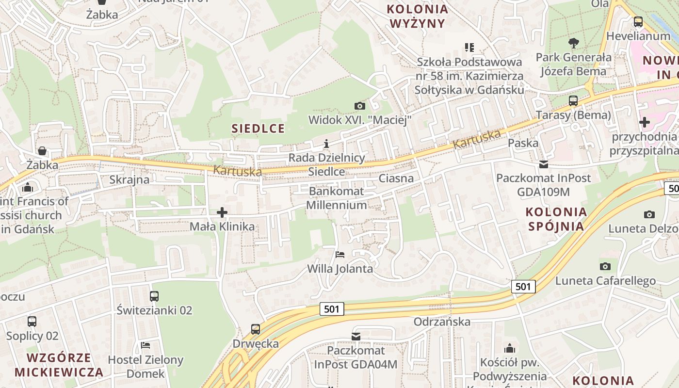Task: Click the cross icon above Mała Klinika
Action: (222, 212)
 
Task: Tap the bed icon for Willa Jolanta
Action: (340, 254)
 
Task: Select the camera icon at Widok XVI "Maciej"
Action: (359, 105)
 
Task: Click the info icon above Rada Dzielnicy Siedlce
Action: (326, 144)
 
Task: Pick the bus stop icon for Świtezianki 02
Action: (154, 296)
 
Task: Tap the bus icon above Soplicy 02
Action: (32, 321)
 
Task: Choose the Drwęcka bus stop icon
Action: (256, 329)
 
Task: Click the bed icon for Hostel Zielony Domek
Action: (145, 345)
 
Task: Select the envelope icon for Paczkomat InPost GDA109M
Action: (543, 164)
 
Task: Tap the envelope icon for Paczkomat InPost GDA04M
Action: (356, 336)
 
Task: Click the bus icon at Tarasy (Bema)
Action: (573, 101)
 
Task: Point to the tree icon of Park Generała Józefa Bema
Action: (574, 43)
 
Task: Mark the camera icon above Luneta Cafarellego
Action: (605, 266)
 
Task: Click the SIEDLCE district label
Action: (258, 129)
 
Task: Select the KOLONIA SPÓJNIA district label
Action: (556, 219)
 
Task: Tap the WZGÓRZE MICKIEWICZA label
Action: (59, 365)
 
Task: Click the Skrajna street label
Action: (129, 179)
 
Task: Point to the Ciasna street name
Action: (396, 178)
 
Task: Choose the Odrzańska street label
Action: (442, 322)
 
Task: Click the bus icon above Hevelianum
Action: (638, 22)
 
